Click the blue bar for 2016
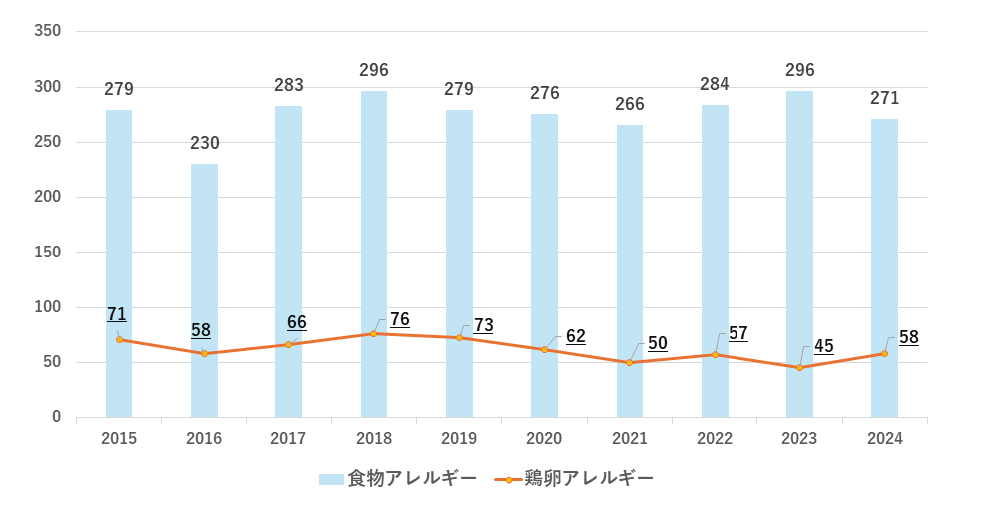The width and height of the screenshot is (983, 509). (x=204, y=289)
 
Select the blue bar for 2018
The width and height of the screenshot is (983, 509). (x=374, y=254)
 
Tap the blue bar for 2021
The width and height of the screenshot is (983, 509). (x=630, y=270)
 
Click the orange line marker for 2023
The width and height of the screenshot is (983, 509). (x=799, y=368)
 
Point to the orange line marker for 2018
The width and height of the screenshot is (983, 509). (x=374, y=333)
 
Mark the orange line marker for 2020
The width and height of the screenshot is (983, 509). (x=544, y=349)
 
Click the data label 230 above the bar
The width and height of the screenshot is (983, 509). (x=204, y=143)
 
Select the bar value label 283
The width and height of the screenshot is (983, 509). (x=289, y=85)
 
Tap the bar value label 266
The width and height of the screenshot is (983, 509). (x=630, y=104)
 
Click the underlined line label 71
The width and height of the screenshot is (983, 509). (x=117, y=314)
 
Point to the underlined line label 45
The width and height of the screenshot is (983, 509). (x=823, y=346)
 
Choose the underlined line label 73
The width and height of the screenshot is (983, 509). (x=483, y=325)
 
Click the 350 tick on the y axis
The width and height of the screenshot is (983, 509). (x=48, y=31)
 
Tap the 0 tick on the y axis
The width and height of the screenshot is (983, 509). (x=57, y=417)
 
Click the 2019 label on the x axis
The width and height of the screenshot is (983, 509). (x=459, y=439)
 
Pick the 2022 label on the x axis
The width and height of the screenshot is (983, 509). (x=715, y=439)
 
